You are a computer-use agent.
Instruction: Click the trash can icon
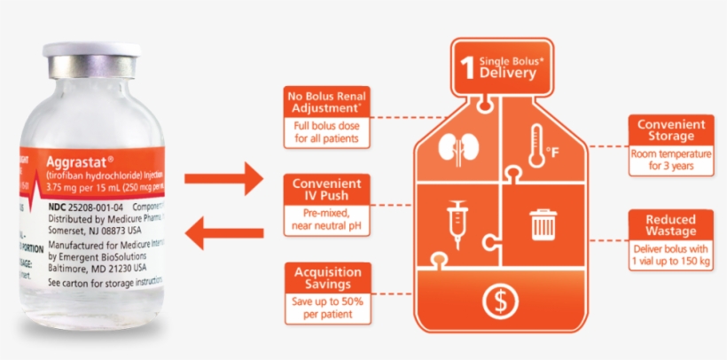(x=542, y=223)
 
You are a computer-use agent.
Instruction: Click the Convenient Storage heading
(x=670, y=129)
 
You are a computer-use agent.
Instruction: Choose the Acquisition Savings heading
(x=327, y=277)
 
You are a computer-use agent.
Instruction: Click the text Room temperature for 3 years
(x=670, y=159)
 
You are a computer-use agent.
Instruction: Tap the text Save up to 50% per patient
(x=328, y=306)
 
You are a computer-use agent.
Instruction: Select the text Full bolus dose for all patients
(x=326, y=132)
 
